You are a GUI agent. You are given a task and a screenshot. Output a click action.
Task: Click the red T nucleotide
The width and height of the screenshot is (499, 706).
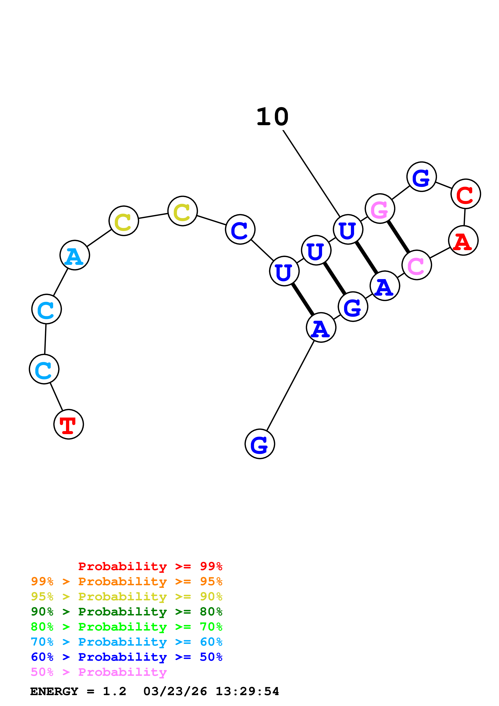69,424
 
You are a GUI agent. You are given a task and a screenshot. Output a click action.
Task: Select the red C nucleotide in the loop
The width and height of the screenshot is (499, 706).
466,194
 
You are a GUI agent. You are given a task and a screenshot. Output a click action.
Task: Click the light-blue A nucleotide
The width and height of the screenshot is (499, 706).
75,255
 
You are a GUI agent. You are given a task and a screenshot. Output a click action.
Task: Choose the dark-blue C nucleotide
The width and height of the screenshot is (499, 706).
240,229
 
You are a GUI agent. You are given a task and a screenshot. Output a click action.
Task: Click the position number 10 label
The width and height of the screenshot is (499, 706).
272,117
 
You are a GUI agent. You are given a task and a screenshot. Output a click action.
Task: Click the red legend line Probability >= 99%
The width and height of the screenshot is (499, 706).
150,566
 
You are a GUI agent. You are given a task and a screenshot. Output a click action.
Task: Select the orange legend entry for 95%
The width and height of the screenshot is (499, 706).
126,581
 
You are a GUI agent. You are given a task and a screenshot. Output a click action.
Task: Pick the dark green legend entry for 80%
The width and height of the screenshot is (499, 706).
126,612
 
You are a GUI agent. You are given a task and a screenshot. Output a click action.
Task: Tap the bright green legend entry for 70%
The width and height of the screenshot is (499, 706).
126,627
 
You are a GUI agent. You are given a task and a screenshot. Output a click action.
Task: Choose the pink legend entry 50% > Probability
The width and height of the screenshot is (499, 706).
99,672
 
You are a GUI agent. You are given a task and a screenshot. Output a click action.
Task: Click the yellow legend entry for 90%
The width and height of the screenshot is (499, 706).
126,597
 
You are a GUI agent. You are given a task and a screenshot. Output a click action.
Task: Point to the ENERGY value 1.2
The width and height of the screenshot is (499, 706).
114,692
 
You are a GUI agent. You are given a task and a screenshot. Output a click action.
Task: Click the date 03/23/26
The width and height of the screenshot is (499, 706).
175,692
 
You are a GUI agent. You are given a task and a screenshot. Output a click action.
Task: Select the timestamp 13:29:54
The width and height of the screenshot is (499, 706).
247,692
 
